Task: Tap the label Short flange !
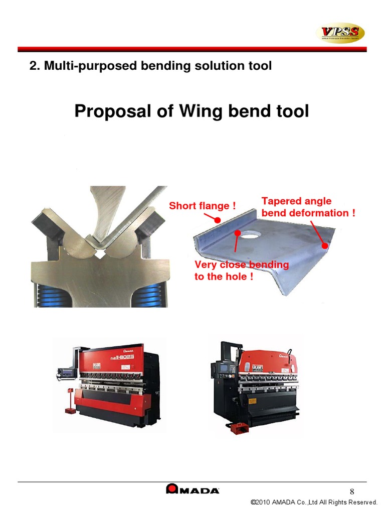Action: pyautogui.click(x=202, y=206)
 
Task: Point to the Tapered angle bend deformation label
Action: pyautogui.click(x=308, y=207)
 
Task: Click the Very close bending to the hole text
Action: pyautogui.click(x=241, y=271)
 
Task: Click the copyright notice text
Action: pyautogui.click(x=314, y=502)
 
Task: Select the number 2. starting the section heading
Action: pyautogui.click(x=35, y=66)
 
